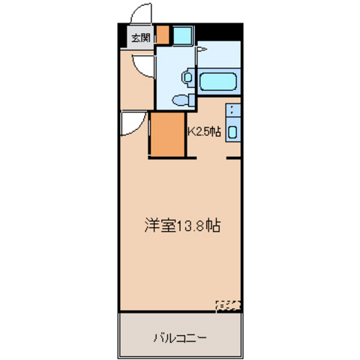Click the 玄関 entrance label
click(x=141, y=38)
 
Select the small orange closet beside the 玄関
click(x=163, y=34)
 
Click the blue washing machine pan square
click(x=183, y=35)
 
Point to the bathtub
click(x=218, y=82)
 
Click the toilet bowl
click(x=180, y=100)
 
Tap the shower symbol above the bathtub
click(x=202, y=49)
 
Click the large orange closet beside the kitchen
click(x=168, y=134)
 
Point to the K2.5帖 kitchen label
click(x=205, y=131)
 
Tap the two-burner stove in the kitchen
click(x=233, y=110)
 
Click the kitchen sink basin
click(x=232, y=132)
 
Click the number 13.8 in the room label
click(x=191, y=226)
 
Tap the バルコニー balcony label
click(x=180, y=338)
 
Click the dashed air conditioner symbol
click(x=228, y=306)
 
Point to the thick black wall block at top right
click(x=219, y=32)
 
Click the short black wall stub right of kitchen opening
click(x=234, y=158)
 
